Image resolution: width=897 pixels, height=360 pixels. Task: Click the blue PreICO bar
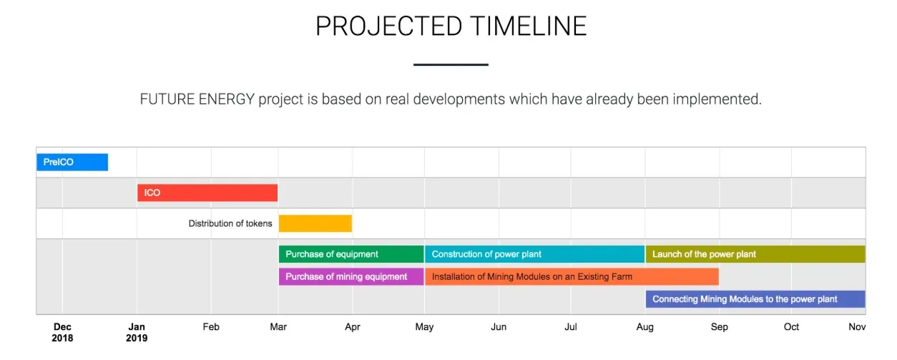pos(72,162)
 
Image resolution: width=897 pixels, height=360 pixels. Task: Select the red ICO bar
pos(207,193)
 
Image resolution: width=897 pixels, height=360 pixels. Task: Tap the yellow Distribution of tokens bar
pos(315,223)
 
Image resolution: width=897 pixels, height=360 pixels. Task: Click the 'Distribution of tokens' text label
pos(230,223)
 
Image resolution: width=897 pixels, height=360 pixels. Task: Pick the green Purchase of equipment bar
pos(351,254)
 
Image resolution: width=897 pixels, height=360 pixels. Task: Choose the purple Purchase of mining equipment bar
pos(351,277)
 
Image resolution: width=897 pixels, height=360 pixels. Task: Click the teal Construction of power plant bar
pos(534,254)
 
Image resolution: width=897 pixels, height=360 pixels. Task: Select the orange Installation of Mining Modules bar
pos(572,277)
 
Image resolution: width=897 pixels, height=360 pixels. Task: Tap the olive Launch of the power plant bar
pos(755,254)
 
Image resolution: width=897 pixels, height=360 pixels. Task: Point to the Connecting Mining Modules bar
pos(755,299)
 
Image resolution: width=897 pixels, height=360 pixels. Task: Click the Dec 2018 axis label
pos(62,332)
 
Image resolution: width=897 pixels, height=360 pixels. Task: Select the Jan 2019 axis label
pos(137,332)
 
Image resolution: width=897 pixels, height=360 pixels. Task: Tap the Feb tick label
pos(211,327)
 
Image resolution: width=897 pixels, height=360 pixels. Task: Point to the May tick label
pos(424,327)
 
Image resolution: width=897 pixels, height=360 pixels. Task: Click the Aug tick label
pos(644,327)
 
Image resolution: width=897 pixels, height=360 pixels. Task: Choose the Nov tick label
pos(857,327)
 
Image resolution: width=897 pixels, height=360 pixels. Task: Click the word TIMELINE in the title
pos(529,26)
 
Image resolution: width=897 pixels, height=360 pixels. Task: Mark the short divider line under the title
pos(451,64)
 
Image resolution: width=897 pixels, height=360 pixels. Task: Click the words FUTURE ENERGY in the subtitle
pos(197,99)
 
